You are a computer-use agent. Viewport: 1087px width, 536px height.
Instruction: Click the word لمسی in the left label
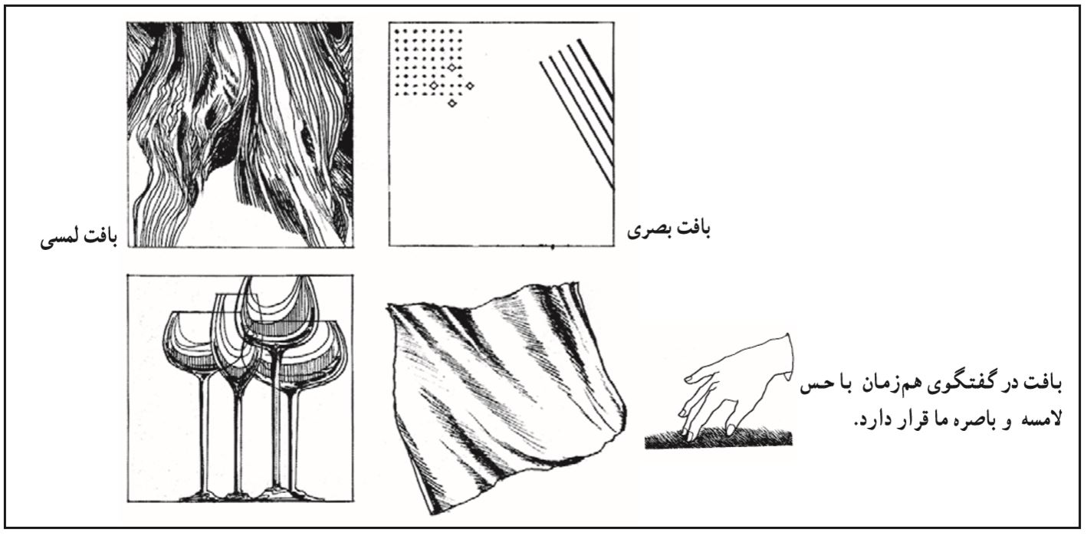(59, 240)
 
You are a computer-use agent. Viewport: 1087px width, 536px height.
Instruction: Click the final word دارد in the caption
(869, 419)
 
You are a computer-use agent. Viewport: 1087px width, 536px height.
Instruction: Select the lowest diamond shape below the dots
(452, 103)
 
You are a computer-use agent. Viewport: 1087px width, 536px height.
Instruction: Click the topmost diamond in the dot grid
(452, 68)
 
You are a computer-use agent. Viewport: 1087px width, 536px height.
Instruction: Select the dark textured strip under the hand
(718, 439)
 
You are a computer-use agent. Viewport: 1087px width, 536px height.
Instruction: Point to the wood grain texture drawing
(240, 134)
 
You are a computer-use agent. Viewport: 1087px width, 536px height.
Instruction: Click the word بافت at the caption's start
(1044, 383)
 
